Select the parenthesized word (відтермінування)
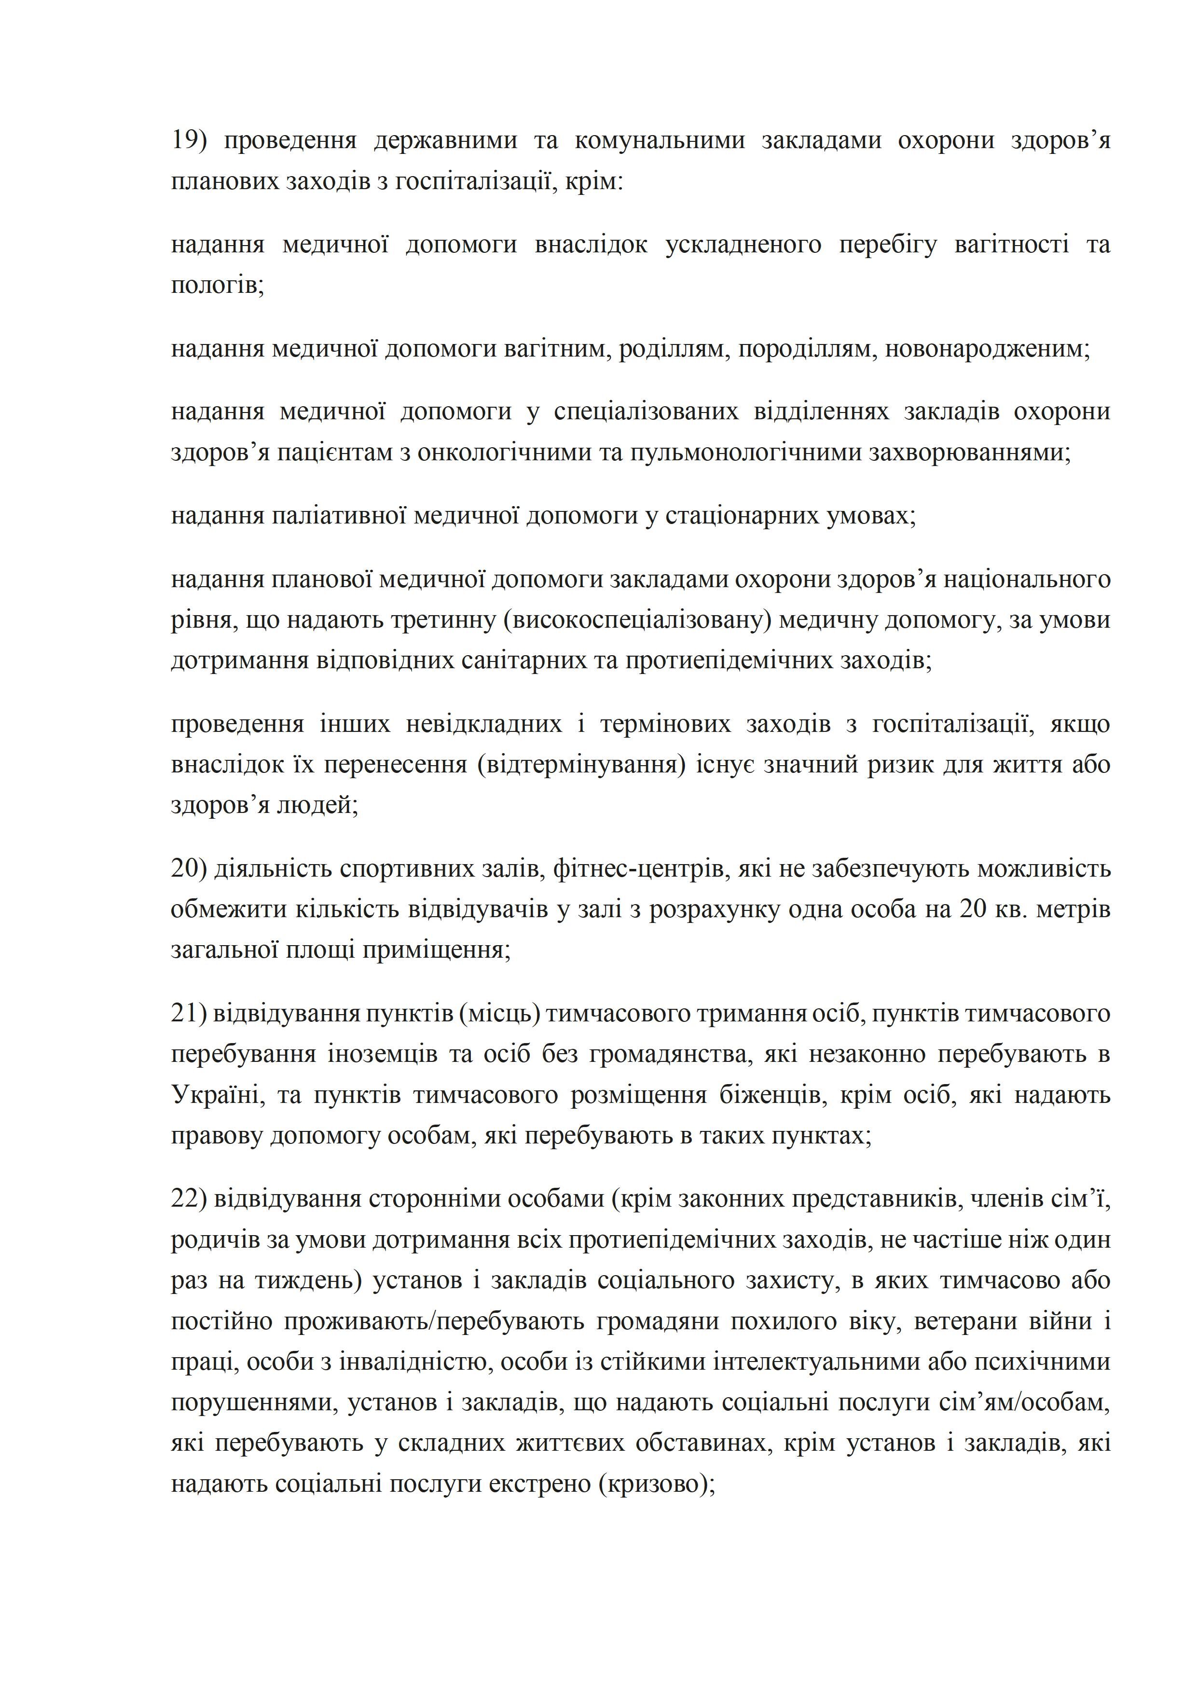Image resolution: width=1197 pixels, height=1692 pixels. tap(581, 764)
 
